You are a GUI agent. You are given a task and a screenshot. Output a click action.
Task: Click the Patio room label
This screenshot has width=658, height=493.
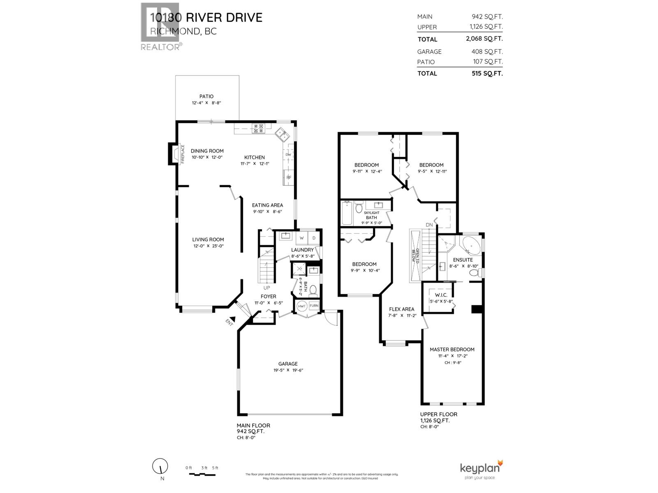coord(206,97)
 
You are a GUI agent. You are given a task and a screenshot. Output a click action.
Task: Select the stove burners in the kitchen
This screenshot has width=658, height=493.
coord(259,129)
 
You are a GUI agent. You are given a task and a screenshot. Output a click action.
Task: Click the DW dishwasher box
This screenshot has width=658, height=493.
coord(288,154)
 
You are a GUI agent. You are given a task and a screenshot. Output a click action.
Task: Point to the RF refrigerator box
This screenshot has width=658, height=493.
coord(289,177)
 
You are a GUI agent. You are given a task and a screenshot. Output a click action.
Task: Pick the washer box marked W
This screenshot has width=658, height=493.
coord(301,238)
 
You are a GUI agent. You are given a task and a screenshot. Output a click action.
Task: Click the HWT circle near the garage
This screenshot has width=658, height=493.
coord(301,306)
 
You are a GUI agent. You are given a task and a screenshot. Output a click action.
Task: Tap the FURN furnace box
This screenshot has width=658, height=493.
coord(314,306)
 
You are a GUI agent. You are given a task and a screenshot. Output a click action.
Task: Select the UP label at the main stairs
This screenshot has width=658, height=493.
coord(267,288)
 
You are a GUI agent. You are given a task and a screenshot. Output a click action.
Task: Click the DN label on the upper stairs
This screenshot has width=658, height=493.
coord(429,225)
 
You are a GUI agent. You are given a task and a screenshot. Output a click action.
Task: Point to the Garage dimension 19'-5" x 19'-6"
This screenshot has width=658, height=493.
coord(288,370)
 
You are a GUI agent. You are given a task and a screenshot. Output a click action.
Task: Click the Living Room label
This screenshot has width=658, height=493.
coord(208,240)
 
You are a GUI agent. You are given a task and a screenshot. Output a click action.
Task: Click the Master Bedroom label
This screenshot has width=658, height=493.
coord(452,350)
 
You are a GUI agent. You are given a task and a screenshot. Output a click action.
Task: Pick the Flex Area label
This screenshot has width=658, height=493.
coord(402,309)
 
